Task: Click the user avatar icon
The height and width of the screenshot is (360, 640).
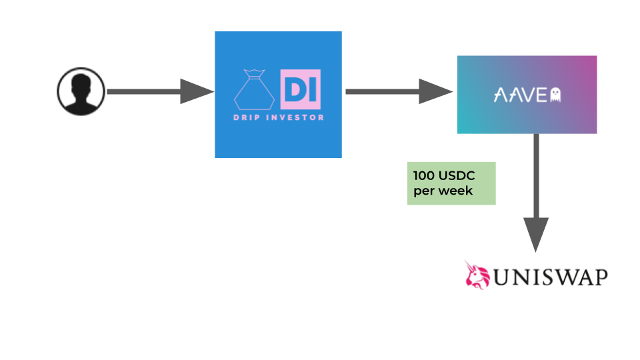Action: tap(81, 91)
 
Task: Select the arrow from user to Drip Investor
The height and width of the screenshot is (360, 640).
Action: tap(161, 91)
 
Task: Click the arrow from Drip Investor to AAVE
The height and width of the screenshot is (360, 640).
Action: tap(399, 91)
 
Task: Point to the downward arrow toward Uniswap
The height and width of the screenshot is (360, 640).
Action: tap(536, 193)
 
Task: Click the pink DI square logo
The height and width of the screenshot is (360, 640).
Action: tap(301, 89)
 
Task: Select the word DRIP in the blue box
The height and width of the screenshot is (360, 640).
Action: tap(247, 117)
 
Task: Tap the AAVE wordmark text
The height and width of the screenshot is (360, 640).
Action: tap(521, 95)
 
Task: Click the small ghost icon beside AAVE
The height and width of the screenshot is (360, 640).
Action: tap(555, 95)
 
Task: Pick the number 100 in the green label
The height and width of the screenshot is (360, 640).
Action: tap(424, 176)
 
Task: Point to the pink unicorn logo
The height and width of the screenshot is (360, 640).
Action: tap(477, 275)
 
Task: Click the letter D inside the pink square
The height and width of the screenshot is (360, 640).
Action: tap(294, 90)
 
